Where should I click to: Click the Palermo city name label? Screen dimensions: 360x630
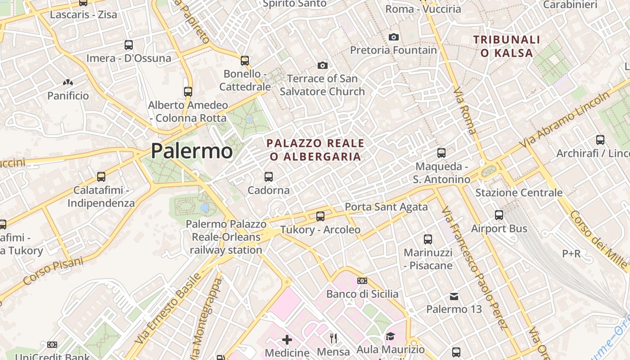pos(192,151)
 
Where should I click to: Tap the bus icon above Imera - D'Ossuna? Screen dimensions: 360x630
pos(129,45)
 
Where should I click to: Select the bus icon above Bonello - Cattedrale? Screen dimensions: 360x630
pos(245,60)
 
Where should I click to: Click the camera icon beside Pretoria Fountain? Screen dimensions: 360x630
pos(394,37)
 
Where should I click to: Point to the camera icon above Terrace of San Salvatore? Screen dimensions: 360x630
pos(322,66)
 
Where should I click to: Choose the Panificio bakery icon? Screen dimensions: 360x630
pos(68,82)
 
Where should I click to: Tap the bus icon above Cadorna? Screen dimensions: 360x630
pos(269,177)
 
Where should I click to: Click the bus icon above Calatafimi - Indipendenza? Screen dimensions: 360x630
pos(101,177)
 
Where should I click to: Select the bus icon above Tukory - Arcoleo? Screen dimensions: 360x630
pos(320,216)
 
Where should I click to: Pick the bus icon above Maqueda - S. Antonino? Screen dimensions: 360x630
pos(441,153)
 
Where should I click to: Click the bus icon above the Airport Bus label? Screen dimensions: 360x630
pos(499,215)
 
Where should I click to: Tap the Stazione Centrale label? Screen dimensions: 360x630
pos(519,193)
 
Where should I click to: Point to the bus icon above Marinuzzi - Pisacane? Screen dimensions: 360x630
pos(428,239)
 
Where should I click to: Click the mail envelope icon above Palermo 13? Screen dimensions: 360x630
pos(454,296)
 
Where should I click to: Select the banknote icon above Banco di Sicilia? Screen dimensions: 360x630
pos(362,281)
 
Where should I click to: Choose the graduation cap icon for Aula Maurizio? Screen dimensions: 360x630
pos(390,336)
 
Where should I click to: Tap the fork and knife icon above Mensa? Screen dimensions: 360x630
pos(333,338)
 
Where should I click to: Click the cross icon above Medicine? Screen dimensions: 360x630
pos(287,339)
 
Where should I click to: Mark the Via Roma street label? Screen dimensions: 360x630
pos(465,111)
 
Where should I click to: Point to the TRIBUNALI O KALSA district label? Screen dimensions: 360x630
pos(507,46)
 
